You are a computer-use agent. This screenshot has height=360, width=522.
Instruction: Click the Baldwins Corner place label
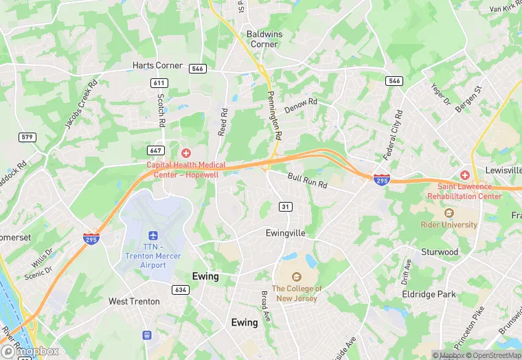click(263, 38)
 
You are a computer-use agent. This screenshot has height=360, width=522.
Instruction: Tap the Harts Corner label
click(158, 66)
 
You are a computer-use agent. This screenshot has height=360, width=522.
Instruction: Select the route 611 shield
click(159, 82)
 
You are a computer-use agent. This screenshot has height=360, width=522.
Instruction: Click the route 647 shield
click(155, 150)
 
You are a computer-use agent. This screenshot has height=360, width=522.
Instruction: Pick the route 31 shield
click(286, 207)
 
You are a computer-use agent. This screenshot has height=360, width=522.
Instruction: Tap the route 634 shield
click(181, 290)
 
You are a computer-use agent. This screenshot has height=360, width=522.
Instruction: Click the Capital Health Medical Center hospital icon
click(185, 153)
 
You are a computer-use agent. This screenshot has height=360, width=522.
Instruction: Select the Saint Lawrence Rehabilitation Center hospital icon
click(466, 175)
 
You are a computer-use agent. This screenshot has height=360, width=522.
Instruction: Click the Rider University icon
click(449, 213)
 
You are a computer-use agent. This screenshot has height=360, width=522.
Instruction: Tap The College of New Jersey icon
click(297, 277)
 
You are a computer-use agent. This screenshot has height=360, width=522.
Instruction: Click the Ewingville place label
click(285, 233)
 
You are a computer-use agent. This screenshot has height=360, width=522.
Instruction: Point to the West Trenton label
click(134, 302)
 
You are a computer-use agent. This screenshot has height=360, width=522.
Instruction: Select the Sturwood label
click(440, 252)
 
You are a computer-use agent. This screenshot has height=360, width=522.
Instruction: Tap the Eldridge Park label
click(429, 294)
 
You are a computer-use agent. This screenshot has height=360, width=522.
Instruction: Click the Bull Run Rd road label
click(307, 181)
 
